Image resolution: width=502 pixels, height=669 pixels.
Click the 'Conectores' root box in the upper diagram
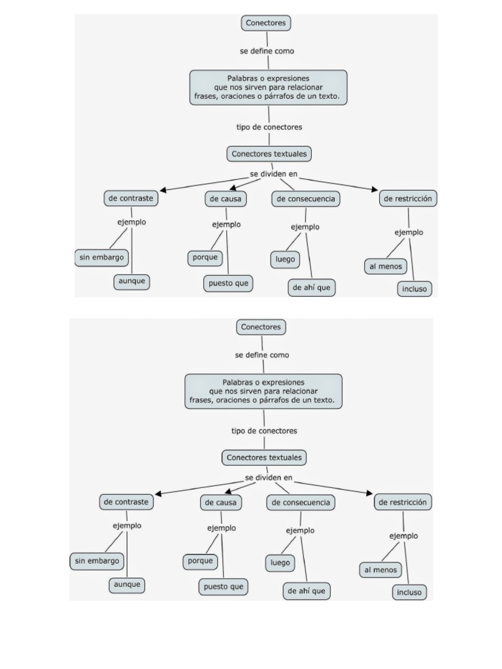(x=265, y=23)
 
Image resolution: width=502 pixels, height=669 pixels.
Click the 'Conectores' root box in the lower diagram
(x=261, y=327)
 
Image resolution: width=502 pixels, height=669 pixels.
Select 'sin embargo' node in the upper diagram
(x=101, y=257)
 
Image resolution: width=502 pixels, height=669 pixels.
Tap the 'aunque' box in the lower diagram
(x=127, y=585)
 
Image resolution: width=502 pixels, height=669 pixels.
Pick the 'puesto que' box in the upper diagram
(x=228, y=284)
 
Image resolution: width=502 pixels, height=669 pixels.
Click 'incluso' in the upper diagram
(x=414, y=289)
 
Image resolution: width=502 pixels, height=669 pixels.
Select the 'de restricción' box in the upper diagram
(x=408, y=199)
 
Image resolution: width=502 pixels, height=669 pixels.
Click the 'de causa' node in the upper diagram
(x=226, y=199)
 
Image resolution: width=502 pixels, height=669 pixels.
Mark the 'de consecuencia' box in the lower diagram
(x=301, y=502)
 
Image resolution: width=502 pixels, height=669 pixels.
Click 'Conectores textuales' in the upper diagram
(x=269, y=154)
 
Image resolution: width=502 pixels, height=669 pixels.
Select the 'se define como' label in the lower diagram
(x=262, y=355)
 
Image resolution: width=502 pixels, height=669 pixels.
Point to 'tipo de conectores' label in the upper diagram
(x=269, y=127)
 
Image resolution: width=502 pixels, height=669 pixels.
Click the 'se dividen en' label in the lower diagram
(x=269, y=478)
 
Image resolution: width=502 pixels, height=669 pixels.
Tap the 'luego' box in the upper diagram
(x=285, y=259)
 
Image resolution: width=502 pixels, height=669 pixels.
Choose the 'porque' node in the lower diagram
(x=200, y=561)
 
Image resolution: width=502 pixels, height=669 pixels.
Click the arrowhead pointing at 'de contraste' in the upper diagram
(x=163, y=191)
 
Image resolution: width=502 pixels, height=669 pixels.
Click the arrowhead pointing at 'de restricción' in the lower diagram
(x=370, y=493)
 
